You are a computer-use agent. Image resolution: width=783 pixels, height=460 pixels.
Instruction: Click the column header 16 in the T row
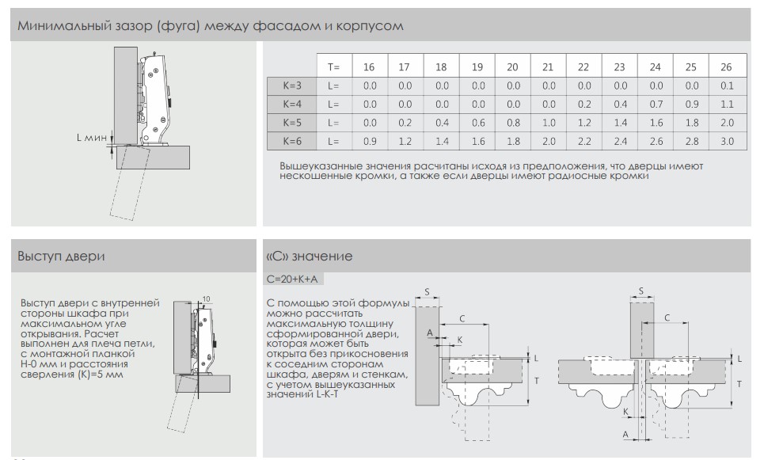[370, 67]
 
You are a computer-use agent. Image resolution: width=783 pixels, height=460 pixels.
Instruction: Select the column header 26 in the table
[727, 67]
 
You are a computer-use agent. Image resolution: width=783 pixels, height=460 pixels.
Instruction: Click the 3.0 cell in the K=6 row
[727, 141]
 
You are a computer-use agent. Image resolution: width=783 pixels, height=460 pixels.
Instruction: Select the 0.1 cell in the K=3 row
[727, 86]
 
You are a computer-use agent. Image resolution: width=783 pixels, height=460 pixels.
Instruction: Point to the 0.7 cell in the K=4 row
[656, 104]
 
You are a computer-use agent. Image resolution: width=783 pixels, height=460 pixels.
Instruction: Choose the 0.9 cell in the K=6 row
[370, 141]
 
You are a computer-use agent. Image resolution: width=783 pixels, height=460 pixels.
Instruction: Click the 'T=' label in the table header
[333, 67]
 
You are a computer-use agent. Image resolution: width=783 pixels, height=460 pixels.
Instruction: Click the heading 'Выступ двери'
[62, 257]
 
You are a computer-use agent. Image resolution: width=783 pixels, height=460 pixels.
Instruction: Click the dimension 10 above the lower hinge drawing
[206, 298]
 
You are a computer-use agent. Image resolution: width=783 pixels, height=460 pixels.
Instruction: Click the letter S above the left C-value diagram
[427, 291]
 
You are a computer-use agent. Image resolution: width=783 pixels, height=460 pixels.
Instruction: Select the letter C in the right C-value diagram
[667, 317]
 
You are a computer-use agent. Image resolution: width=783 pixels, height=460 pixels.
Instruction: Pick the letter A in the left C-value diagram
[431, 333]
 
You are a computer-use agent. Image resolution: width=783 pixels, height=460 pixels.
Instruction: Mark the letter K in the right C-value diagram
[626, 412]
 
